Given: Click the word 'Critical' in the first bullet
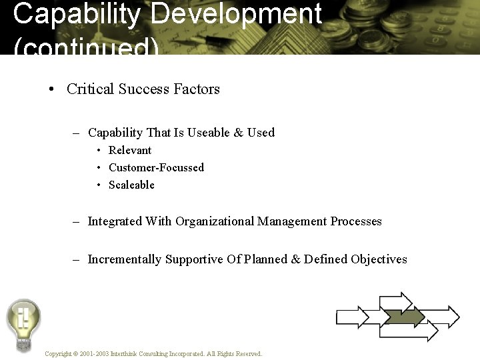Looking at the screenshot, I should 91,89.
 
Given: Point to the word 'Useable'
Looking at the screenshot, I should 208,133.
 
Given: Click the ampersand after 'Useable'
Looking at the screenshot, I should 238,133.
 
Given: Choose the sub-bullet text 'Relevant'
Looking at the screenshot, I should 130,151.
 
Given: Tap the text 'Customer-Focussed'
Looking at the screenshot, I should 156,168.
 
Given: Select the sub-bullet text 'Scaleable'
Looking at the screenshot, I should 131,185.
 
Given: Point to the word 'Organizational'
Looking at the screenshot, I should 215,221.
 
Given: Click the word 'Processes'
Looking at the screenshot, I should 356,221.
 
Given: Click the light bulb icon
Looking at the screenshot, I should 23,323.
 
